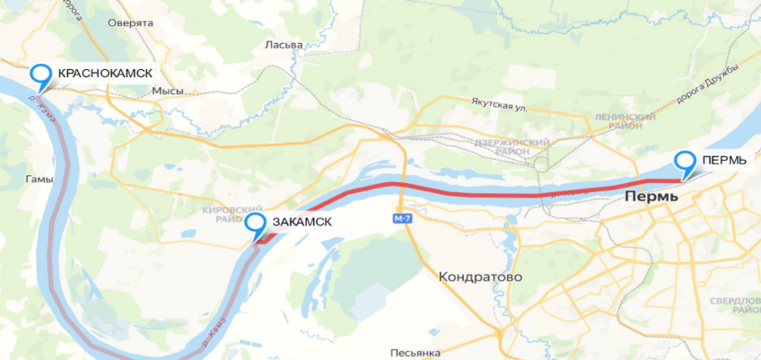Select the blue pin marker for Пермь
tap(686, 163)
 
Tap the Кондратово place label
tap(480, 277)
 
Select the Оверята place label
tap(130, 23)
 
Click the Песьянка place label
tap(415, 353)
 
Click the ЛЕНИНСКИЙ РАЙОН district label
tap(625, 122)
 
